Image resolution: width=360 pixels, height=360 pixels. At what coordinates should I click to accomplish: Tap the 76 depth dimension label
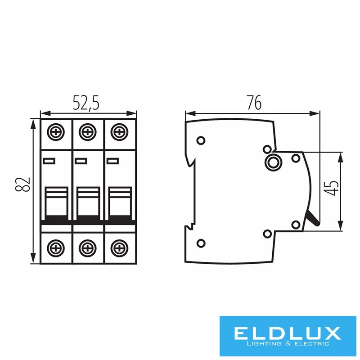click(254, 103)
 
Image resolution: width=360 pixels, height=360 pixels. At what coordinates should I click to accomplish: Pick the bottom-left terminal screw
click(56, 247)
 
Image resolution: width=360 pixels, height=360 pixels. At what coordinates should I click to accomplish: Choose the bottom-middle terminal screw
click(87, 247)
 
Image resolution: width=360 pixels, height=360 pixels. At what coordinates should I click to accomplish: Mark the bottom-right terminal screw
click(119, 247)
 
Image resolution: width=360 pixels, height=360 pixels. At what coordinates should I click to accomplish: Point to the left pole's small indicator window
click(49, 160)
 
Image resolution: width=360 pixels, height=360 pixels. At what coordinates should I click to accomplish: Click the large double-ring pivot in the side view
click(272, 162)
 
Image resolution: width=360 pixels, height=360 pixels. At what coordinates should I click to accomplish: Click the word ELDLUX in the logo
click(286, 333)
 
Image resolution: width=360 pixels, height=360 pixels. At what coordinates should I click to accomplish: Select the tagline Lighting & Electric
click(286, 345)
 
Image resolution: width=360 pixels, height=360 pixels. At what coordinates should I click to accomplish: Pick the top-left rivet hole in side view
click(201, 140)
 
